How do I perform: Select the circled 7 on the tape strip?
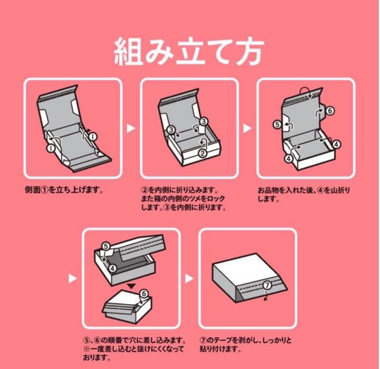[268, 285]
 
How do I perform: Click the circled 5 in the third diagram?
[277, 125]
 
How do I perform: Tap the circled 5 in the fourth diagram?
[106, 246]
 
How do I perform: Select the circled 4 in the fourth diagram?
[112, 268]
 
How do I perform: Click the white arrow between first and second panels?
[131, 128]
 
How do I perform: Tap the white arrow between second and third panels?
[247, 128]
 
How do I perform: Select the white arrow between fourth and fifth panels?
[189, 276]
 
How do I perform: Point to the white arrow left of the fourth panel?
[73, 276]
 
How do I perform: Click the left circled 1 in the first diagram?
[50, 148]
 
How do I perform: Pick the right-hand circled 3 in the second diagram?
[204, 121]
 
